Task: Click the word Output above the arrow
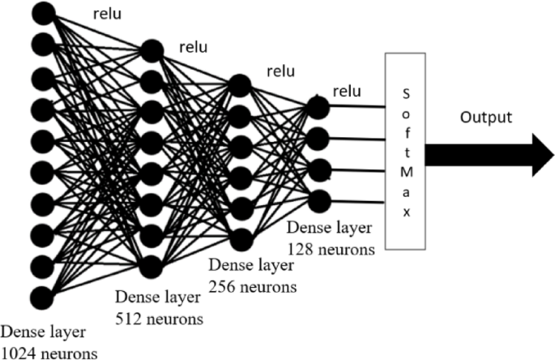pyautogui.click(x=486, y=118)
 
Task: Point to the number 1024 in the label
pyautogui.click(x=19, y=352)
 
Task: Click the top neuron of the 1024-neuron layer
pyautogui.click(x=43, y=13)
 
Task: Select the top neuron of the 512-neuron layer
pyautogui.click(x=151, y=51)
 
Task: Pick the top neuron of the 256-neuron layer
pyautogui.click(x=239, y=84)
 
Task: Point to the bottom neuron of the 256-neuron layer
pyautogui.click(x=239, y=238)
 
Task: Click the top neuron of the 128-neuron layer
pyautogui.click(x=318, y=106)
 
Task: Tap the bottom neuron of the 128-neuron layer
pyautogui.click(x=318, y=199)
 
